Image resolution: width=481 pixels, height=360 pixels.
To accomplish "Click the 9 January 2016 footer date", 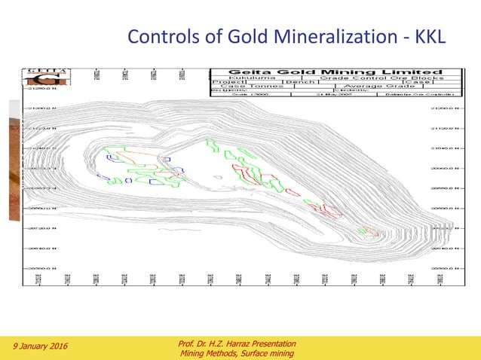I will click(39, 346).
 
